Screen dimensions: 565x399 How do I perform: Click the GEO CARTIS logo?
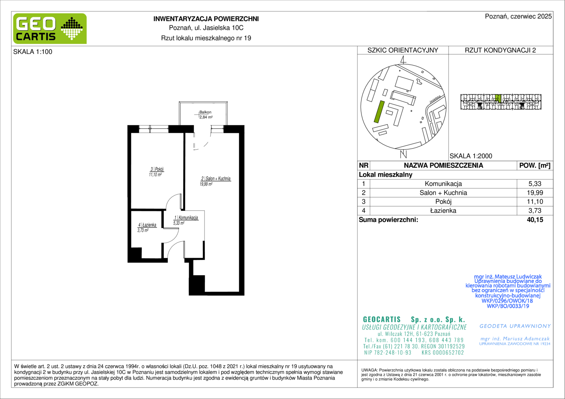pos(50,28)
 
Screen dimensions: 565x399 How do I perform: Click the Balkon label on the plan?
pos(205,112)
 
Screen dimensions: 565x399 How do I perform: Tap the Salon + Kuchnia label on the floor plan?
pos(216,178)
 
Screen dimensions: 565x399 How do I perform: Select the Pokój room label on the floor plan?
pos(157,169)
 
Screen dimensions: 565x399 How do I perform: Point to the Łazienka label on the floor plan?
pos(147,225)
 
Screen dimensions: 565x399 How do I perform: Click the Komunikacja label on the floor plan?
pos(186,218)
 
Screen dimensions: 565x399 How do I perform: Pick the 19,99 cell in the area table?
pos(535,192)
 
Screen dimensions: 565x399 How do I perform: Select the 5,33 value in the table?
pos(535,184)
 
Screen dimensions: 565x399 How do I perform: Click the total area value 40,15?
pos(535,219)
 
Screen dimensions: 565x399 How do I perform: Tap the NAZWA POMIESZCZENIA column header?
pos(443,166)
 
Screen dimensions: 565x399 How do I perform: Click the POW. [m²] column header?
pos(535,166)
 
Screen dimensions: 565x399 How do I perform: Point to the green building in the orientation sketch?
pos(379,112)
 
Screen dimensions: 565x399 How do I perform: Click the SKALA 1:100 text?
pos(33,52)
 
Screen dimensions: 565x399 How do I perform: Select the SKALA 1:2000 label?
pos(471,156)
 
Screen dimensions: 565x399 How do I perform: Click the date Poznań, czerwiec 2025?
pos(518,16)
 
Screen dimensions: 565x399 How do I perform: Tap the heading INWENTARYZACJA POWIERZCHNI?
pos(206,19)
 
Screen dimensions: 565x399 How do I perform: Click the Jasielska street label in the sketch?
pos(435,99)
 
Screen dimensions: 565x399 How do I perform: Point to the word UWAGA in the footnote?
pos(369,370)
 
